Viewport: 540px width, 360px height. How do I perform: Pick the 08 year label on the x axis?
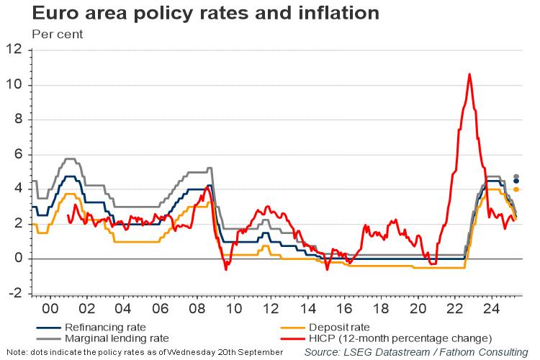coord(197,307)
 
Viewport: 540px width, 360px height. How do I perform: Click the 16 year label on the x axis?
coord(344,307)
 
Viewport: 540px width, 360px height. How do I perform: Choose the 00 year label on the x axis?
coord(50,307)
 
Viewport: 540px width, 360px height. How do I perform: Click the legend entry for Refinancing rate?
coord(105,327)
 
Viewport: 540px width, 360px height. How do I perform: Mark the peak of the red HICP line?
coord(469,74)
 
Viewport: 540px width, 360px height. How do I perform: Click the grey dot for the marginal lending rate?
coord(516,176)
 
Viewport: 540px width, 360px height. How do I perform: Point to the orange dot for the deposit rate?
coord(516,189)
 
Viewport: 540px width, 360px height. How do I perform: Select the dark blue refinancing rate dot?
coord(516,181)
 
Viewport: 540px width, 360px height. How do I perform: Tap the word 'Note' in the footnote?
coord(12,352)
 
